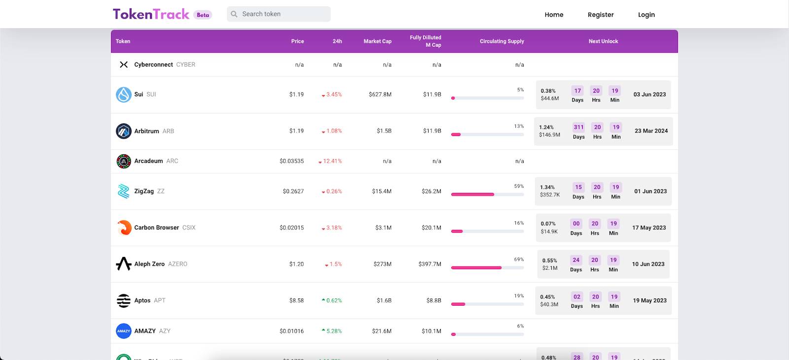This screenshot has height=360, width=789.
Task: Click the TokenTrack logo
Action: click(151, 14)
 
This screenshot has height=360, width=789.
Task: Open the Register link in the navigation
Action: click(601, 15)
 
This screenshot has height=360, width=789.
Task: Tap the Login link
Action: click(646, 15)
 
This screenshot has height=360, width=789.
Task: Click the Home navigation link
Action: click(554, 15)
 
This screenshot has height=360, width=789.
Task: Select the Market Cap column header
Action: click(377, 41)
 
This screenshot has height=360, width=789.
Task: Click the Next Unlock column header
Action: click(603, 41)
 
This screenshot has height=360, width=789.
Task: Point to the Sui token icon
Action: click(124, 95)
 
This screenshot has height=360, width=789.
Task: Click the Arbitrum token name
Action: click(146, 131)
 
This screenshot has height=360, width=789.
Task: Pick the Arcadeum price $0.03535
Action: click(291, 161)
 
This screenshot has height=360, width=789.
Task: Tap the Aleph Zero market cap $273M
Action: click(382, 264)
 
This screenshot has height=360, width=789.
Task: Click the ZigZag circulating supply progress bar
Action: click(487, 194)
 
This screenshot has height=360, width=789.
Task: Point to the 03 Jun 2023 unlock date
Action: click(649, 95)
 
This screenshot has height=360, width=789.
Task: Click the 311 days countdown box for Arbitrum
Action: click(578, 127)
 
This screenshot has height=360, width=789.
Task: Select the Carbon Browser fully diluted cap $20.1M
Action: click(431, 228)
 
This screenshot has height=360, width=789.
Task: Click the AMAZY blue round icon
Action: click(124, 331)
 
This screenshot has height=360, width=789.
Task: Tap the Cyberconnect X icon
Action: click(124, 65)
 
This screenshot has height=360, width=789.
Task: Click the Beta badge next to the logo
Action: click(203, 15)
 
